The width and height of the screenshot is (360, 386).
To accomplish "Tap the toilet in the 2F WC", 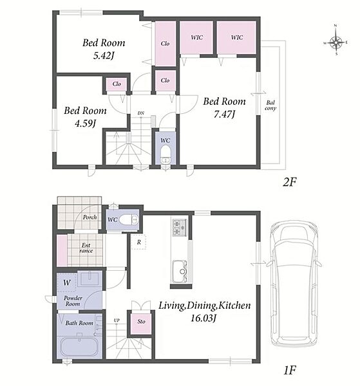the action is pyautogui.click(x=165, y=154).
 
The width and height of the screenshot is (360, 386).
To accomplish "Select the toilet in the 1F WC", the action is pyautogui.click(x=129, y=219).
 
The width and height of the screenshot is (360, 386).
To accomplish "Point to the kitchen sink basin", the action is pyautogui.click(x=180, y=271).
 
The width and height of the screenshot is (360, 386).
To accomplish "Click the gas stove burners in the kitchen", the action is pyautogui.click(x=180, y=228).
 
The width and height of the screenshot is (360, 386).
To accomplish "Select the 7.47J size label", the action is pyautogui.click(x=223, y=115).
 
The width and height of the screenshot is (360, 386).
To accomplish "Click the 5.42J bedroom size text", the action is pyautogui.click(x=104, y=55).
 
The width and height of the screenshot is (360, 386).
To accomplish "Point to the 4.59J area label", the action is pyautogui.click(x=85, y=124).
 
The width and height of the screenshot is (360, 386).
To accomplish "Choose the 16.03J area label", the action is pyautogui.click(x=204, y=318).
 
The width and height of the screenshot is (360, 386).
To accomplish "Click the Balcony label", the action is pyautogui.click(x=270, y=106).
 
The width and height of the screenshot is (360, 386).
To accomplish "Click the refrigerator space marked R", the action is pyautogui.click(x=138, y=242).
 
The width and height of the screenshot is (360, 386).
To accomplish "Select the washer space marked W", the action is pyautogui.click(x=67, y=282).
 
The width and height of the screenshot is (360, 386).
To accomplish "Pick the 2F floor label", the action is pyautogui.click(x=289, y=182).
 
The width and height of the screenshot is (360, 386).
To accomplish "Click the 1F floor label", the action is pyautogui.click(x=289, y=370).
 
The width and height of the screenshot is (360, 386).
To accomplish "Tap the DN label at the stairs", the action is pyautogui.click(x=140, y=113).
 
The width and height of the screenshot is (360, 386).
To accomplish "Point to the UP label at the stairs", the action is pyautogui.click(x=117, y=320).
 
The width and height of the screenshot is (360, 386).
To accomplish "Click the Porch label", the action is pyautogui.click(x=90, y=217).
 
